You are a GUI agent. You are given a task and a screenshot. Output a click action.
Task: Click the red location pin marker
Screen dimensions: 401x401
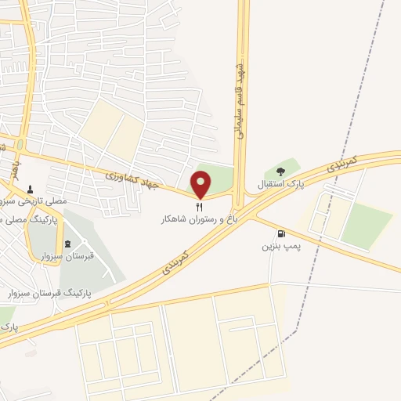pos(201,186)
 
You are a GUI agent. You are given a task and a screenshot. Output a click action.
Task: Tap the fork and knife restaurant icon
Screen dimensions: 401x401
pos(200,208)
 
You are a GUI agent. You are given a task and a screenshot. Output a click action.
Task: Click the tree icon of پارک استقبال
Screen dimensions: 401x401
pos(280,172)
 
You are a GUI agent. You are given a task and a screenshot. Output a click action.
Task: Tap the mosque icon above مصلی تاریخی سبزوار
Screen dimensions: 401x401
pos(31,190)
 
